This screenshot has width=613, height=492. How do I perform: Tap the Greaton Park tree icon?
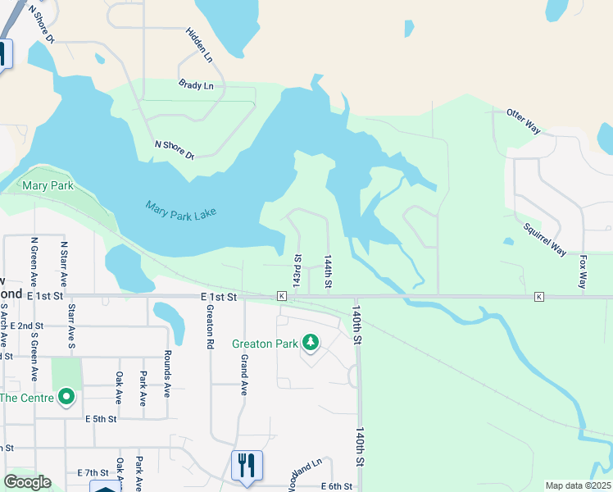311,341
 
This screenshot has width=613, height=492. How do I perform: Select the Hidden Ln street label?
198,46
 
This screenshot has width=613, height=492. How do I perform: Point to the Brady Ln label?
196,85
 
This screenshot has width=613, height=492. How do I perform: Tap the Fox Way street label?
583,271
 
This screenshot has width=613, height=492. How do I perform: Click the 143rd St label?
297,271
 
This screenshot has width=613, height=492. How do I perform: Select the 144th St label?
327,271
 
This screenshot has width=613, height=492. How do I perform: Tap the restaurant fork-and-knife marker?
247,465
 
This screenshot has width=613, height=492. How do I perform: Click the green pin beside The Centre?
66,399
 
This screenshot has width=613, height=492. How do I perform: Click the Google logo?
28,482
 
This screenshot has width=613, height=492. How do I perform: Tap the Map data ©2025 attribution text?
578,485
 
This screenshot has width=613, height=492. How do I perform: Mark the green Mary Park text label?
48,186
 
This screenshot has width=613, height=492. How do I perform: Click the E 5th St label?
102,418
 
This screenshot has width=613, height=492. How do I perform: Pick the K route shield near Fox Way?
539,295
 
